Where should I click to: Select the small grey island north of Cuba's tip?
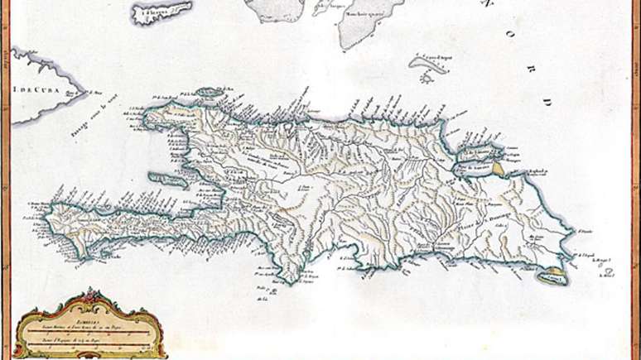coord(162,12)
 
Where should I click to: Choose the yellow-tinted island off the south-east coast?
coord(550,279)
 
